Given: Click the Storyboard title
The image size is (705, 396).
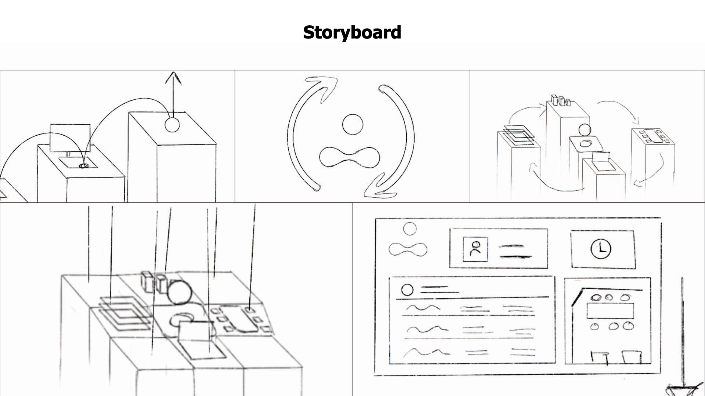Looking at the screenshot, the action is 352,32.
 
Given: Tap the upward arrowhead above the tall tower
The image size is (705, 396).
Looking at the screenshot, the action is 173,77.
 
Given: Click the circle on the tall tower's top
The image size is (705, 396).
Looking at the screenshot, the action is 172,125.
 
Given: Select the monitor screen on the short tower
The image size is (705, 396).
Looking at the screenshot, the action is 70,138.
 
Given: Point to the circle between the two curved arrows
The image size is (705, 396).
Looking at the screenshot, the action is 352,124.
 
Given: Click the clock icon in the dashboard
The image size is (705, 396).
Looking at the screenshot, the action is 601,249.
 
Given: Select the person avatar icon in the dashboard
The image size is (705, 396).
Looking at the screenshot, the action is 476,249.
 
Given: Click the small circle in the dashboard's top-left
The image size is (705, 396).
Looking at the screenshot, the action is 410,229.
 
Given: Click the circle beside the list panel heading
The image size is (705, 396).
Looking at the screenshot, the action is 407,290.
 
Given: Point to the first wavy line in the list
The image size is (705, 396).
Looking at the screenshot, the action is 422,308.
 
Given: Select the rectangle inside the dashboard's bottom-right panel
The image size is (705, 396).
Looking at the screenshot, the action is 610,311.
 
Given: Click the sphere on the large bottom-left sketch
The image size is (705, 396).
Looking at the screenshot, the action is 180,293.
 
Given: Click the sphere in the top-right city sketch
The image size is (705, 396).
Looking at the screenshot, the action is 584,130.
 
